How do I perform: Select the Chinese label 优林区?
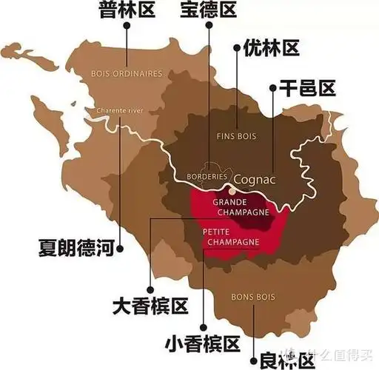click(x=271, y=49)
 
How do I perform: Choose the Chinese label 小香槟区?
click(x=203, y=343)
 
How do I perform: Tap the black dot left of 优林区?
click(x=237, y=50)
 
